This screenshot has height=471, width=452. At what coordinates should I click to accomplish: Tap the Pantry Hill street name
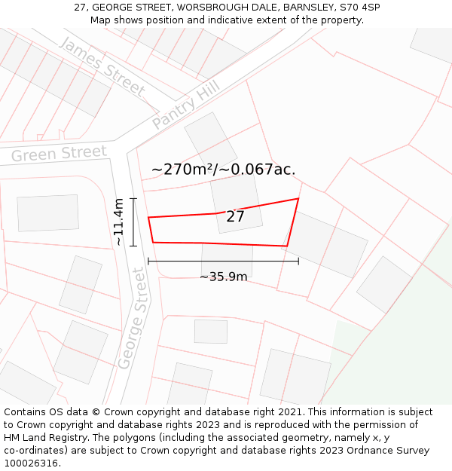pyautogui.click(x=185, y=107)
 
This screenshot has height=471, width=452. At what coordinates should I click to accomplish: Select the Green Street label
pyautogui.click(x=60, y=154)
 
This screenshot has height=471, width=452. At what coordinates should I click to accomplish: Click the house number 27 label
pyautogui.click(x=235, y=217)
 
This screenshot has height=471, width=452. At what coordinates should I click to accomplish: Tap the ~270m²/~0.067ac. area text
pyautogui.click(x=223, y=170)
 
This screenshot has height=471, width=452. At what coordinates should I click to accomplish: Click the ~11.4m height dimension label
pyautogui.click(x=119, y=222)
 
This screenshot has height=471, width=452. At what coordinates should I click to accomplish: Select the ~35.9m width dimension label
pyautogui.click(x=223, y=277)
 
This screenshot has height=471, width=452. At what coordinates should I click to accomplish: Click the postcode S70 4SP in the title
pyautogui.click(x=359, y=8)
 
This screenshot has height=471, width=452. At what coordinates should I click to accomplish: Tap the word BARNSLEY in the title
pyautogui.click(x=307, y=8)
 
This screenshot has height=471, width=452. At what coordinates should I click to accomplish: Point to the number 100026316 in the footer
pyautogui.click(x=32, y=463)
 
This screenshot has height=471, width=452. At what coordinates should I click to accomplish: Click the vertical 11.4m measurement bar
pyautogui.click(x=133, y=222)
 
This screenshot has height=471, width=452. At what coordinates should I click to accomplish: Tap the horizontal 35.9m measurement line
pyautogui.click(x=223, y=261)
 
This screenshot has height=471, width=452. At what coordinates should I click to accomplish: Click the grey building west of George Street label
pyautogui.click(x=81, y=285)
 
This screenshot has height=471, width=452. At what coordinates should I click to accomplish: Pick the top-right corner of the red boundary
pyautogui.click(x=298, y=199)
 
